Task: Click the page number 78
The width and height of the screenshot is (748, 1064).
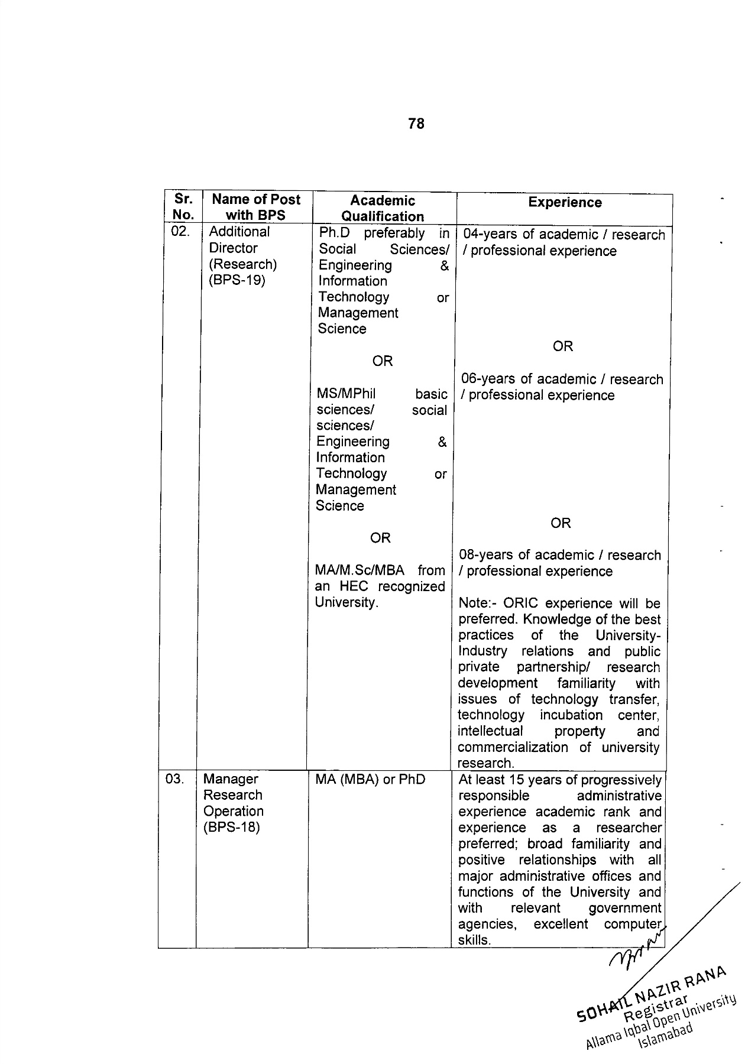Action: pos(416,124)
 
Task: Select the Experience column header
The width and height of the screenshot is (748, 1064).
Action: pos(565,203)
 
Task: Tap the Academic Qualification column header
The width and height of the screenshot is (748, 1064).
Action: pos(383,208)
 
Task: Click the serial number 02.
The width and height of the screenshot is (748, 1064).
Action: pos(180,232)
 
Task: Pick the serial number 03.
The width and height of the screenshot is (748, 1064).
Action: pos(175,779)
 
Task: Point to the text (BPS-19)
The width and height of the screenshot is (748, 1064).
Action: pos(237,280)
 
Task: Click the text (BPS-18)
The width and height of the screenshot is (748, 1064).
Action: pos(231,827)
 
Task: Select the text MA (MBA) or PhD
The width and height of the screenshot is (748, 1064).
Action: pos(370,779)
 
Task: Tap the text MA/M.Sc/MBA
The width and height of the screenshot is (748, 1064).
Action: pos(360,570)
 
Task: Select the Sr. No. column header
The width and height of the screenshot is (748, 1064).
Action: pos(183,207)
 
